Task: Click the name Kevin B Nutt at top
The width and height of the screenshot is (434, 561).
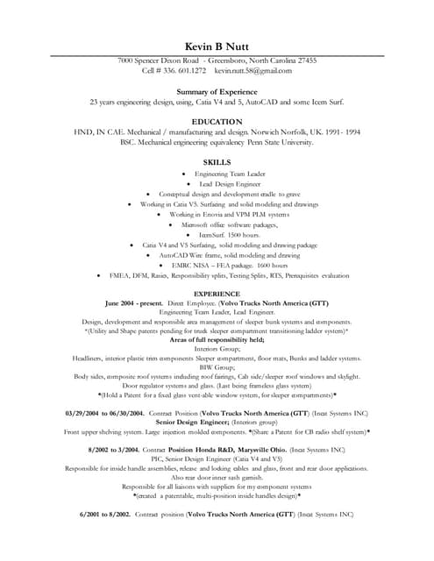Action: [x=217, y=46]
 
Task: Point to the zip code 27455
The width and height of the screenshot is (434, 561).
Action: [x=302, y=60]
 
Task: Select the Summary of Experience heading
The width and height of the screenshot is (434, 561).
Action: [x=217, y=91]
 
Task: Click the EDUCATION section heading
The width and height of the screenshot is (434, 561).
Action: [x=217, y=121]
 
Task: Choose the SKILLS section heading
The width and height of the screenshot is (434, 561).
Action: [x=217, y=162]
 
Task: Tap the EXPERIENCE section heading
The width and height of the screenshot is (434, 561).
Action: [x=217, y=293]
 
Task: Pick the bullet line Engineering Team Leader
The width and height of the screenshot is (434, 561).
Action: [x=230, y=174]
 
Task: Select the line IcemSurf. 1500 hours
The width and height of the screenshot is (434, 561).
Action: [x=231, y=235]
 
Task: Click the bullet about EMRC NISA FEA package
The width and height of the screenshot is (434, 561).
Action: [x=229, y=265]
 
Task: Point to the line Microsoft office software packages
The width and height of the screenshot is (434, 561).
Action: [x=231, y=224]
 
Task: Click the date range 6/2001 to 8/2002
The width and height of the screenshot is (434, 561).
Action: [x=106, y=514]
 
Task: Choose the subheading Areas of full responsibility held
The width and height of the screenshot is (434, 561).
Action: [x=217, y=339]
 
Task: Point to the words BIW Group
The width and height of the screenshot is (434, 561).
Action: [x=217, y=367]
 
